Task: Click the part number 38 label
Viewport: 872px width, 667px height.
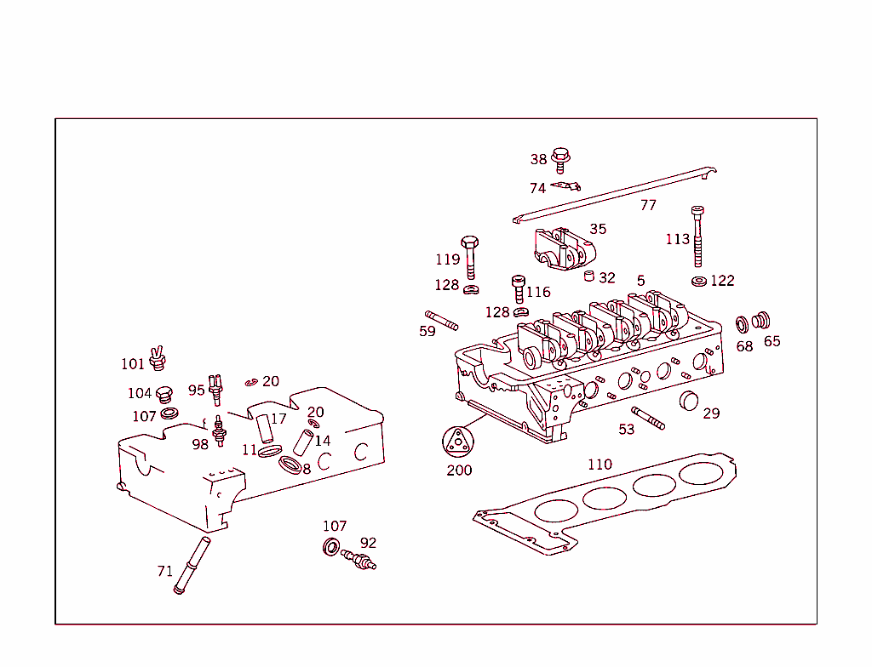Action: click(x=538, y=159)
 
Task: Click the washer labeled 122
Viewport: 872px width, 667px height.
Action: click(x=699, y=281)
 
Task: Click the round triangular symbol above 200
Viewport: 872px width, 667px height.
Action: click(x=457, y=442)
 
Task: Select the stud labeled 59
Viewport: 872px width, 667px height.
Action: click(x=441, y=321)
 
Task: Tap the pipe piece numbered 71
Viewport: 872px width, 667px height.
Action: click(x=192, y=565)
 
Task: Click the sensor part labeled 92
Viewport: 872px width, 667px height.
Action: click(x=359, y=559)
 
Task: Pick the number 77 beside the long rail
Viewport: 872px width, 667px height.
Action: click(x=648, y=205)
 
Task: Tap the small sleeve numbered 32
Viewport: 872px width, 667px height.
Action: click(x=588, y=276)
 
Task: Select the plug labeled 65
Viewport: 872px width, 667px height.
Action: click(x=762, y=320)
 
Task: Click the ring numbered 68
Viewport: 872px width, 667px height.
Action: click(x=742, y=324)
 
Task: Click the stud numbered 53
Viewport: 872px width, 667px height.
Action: click(x=648, y=418)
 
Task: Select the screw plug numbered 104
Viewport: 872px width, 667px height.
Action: click(x=164, y=394)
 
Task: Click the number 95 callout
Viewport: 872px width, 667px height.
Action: click(x=196, y=390)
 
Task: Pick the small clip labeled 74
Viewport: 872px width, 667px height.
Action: click(x=565, y=185)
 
